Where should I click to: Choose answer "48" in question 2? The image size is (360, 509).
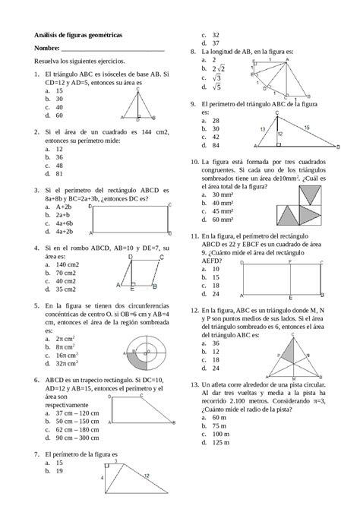[58, 165]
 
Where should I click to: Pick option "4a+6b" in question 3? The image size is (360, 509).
[64, 223]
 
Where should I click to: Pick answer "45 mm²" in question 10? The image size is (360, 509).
[222, 212]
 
